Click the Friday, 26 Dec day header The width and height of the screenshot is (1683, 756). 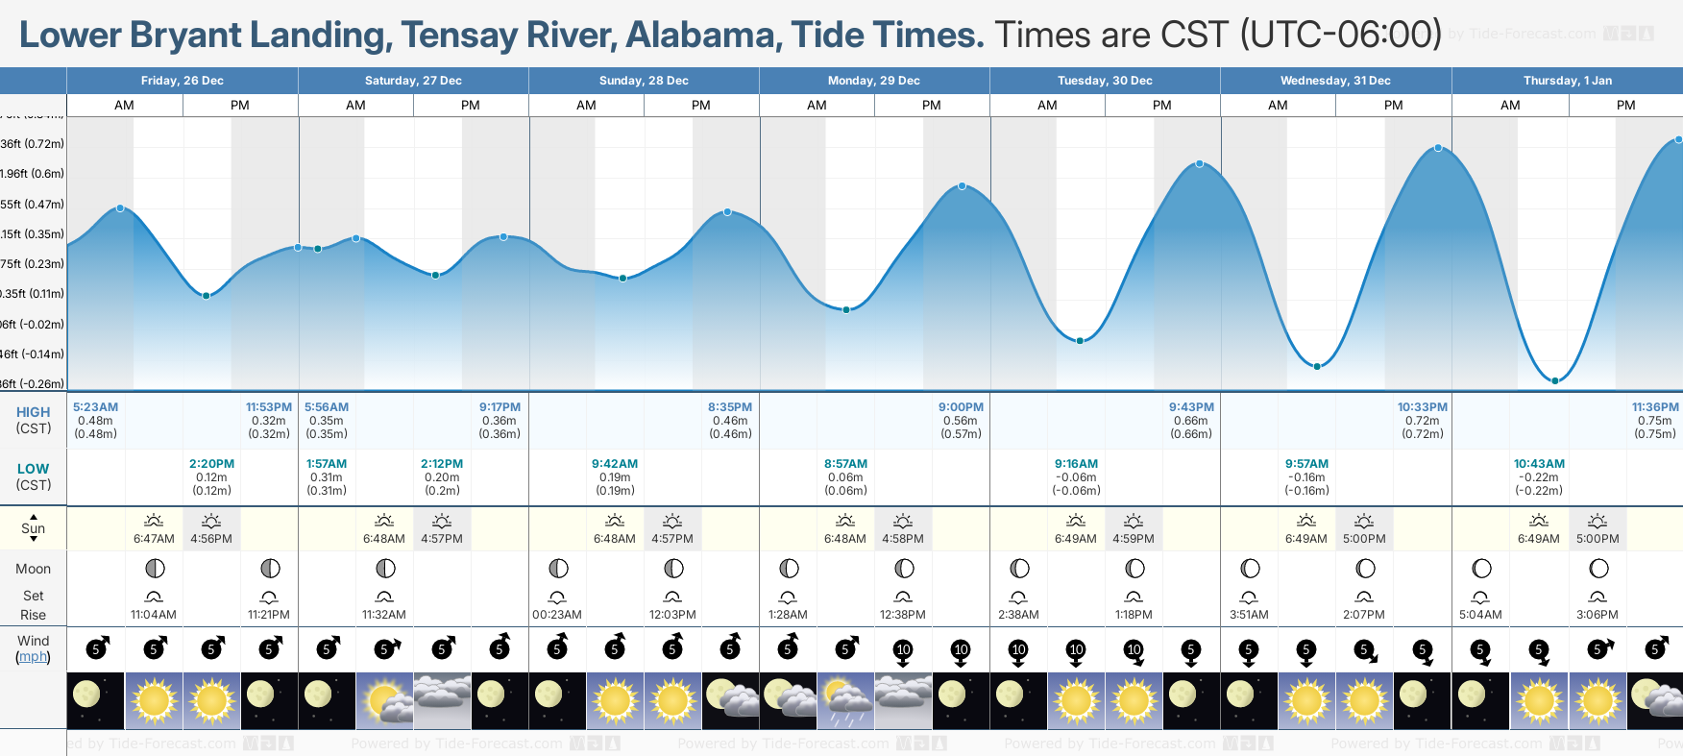tap(183, 81)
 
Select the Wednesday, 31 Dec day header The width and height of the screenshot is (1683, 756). tap(1335, 81)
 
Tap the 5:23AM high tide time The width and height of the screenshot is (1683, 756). tap(95, 407)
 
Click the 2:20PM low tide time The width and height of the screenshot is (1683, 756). tap(211, 464)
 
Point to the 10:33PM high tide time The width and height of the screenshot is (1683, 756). tap(1422, 407)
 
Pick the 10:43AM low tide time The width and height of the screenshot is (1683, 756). tap(1539, 464)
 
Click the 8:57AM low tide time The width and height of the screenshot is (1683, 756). tap(845, 464)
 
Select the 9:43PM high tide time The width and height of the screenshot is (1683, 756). tap(1191, 407)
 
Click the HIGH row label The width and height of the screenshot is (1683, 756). tap(33, 412)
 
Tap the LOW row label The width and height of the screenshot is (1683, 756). tap(33, 469)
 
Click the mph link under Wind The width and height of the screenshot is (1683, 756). tap(33, 657)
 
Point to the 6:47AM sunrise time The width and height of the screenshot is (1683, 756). tap(154, 539)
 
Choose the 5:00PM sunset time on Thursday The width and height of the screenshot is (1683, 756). tap(1598, 539)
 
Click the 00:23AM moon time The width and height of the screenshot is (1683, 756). tap(557, 615)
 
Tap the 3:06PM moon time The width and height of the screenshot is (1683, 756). tap(1598, 615)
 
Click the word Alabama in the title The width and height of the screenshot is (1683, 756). tap(699, 36)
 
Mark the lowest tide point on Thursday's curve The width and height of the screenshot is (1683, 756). tap(1555, 380)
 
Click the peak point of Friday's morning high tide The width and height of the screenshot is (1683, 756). tap(120, 208)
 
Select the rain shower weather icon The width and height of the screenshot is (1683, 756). tap(845, 700)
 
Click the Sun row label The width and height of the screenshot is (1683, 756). tap(33, 528)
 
